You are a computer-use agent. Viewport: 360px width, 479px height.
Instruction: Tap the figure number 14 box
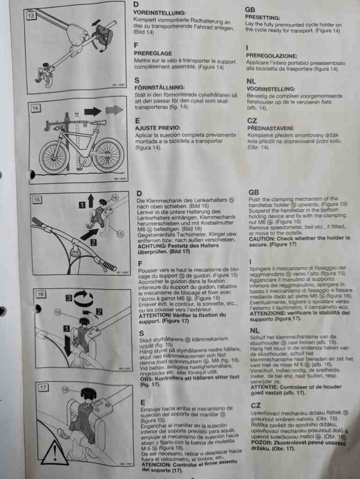coord(36,108)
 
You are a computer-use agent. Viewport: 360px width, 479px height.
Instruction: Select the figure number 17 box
coord(43,388)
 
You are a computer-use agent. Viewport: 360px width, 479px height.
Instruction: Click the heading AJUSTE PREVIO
coord(160,128)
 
